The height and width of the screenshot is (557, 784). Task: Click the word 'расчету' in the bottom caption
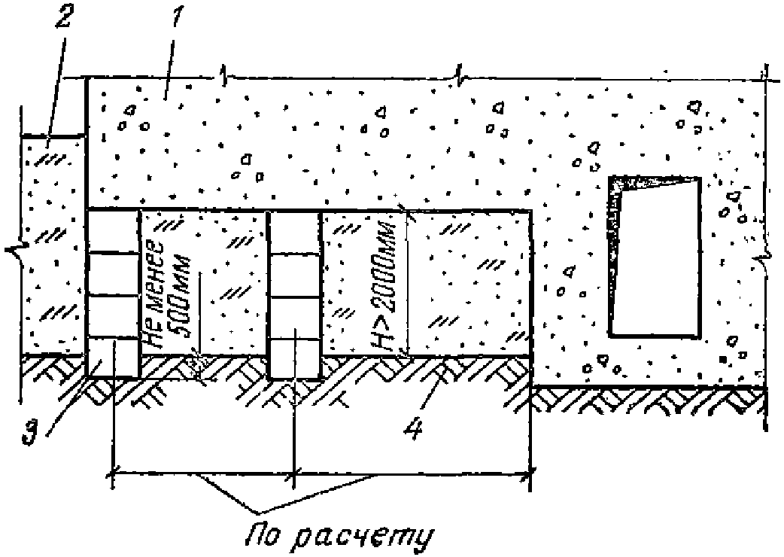point(369,537)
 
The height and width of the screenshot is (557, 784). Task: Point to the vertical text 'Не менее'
point(155,294)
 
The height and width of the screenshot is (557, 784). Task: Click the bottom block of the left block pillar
point(114,357)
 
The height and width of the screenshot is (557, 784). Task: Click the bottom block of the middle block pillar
point(295,357)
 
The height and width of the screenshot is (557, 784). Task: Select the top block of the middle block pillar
point(295,232)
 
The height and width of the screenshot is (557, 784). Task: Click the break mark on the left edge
point(15,249)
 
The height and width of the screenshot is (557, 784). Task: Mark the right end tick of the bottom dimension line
point(532,473)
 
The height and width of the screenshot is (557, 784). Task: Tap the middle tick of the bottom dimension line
point(295,473)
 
